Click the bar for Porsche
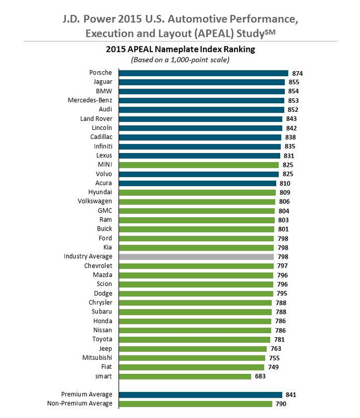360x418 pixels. pyautogui.click(x=203, y=73)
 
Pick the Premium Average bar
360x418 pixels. pyautogui.click(x=200, y=394)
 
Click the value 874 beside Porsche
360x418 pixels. pyautogui.click(x=298, y=73)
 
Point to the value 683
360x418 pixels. pyautogui.click(x=261, y=376)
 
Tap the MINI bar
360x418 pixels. pyautogui.click(x=198, y=165)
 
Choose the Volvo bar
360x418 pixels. pyautogui.click(x=198, y=174)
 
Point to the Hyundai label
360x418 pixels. pyautogui.click(x=100, y=192)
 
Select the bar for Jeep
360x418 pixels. pyautogui.click(x=193, y=349)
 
